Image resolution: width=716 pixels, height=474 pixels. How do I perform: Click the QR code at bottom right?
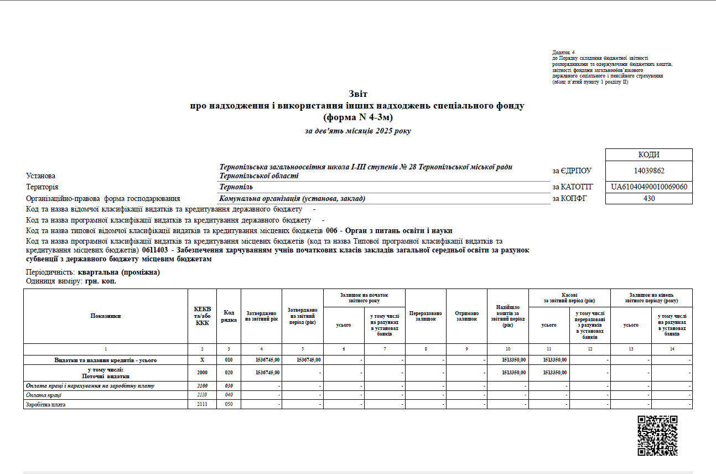coord(657,435)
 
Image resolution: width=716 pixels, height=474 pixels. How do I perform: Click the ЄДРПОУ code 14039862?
coord(649,171)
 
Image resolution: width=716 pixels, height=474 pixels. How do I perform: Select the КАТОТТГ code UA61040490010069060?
coord(649,187)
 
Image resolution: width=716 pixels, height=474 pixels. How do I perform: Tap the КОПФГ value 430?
coord(649,198)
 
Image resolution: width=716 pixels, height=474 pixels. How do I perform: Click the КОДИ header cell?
coord(649,155)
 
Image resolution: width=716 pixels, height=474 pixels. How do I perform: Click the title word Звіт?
coord(357,94)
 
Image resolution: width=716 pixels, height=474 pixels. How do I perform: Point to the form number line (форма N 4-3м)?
coord(357,117)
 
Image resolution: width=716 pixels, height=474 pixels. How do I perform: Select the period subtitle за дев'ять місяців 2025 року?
coord(357,131)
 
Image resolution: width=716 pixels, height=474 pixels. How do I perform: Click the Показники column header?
coord(106,316)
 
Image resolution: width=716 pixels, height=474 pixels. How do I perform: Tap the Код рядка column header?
coord(229,316)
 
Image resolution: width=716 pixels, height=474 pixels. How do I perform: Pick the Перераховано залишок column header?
coord(426,316)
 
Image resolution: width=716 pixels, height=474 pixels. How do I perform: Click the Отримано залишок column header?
coord(466,316)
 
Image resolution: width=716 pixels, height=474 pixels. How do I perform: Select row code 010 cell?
coord(229,360)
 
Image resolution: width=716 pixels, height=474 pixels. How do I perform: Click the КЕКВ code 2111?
coord(202,404)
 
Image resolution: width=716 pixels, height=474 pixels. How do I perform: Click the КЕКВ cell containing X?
coord(202,360)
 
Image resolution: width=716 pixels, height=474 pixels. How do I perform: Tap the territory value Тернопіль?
coord(236,187)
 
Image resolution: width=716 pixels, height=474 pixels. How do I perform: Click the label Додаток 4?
coord(563,53)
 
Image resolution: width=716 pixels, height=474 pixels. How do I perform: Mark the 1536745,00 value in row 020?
coord(267,373)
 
